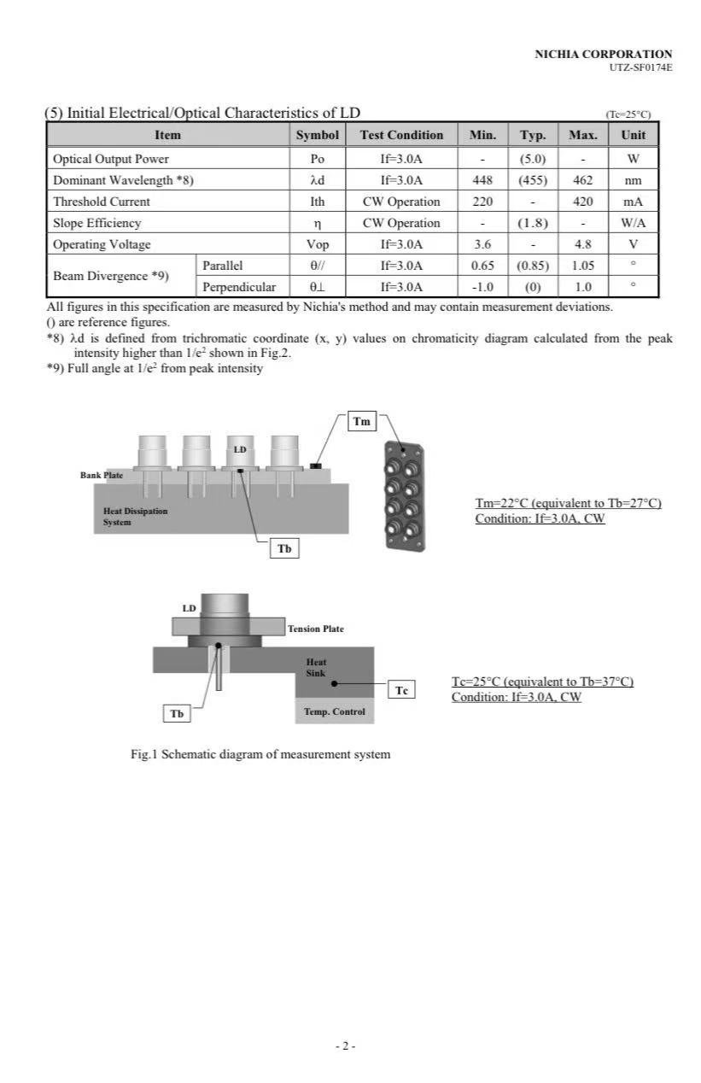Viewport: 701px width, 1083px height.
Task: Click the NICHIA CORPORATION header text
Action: tap(603, 54)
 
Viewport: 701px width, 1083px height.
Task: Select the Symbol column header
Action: tap(318, 135)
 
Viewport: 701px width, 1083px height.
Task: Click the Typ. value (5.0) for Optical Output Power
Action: tap(533, 159)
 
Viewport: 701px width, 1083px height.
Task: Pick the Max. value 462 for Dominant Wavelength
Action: tap(582, 180)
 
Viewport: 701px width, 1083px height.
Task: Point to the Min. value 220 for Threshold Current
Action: tap(482, 202)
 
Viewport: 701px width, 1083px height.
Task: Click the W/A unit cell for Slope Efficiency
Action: tap(633, 223)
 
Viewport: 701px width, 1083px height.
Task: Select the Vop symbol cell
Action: tap(318, 244)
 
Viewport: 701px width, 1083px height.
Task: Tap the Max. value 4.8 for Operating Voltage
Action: tap(582, 244)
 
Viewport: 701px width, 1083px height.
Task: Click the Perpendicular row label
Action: tap(239, 287)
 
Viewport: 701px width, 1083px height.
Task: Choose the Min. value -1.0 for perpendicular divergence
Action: tap(482, 287)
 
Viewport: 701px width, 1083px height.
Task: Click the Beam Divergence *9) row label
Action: tap(111, 276)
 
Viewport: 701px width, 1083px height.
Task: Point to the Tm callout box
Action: tap(362, 421)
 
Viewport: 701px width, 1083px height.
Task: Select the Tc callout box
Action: tap(402, 690)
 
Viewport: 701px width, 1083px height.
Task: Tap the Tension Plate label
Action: tap(315, 629)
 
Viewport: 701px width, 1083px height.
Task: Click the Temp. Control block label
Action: tap(334, 711)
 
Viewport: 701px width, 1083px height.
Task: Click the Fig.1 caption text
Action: tap(260, 754)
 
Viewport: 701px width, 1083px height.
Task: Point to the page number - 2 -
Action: tap(345, 1045)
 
